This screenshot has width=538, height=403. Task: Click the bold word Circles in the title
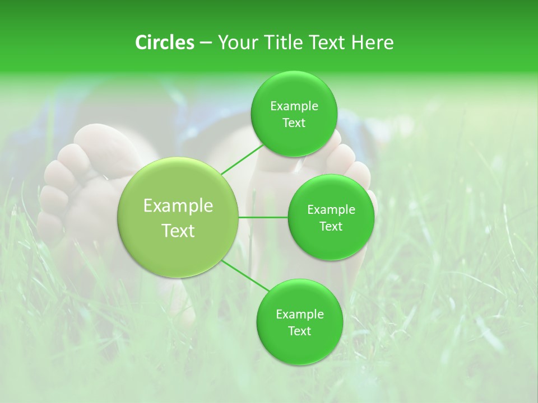164,43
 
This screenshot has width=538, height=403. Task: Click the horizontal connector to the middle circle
263,217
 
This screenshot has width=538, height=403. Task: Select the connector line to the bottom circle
247,276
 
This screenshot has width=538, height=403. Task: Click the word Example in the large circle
178,206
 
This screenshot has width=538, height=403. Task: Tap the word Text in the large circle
178,231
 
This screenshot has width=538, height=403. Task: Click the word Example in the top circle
294,106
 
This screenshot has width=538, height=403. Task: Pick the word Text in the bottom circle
299,331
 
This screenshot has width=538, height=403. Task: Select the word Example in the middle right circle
331,210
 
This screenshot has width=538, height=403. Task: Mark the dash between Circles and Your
205,43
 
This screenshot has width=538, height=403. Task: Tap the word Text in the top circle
294,123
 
